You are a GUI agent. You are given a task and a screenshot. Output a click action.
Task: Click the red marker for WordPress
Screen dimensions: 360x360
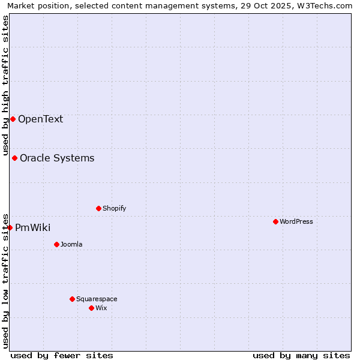(275, 221)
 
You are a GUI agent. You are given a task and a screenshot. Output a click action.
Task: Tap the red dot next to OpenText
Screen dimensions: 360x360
(13, 119)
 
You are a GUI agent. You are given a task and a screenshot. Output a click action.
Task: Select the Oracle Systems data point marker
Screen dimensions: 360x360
(14, 158)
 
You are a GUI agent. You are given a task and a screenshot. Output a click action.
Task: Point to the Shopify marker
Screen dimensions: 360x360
(98, 208)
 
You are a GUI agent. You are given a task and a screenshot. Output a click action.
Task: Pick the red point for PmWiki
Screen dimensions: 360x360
(10, 227)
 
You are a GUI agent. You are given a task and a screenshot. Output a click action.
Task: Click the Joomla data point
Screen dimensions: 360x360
(56, 244)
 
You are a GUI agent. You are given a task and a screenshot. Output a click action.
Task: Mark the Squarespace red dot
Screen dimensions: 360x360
(72, 299)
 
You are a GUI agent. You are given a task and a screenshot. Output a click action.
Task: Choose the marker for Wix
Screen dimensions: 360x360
(91, 308)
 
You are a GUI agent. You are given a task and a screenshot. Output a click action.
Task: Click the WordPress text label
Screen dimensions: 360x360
(296, 221)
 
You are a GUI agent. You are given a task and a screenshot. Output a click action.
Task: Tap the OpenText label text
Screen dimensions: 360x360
(40, 119)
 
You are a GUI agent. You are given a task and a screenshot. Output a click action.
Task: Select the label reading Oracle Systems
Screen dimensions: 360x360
(57, 158)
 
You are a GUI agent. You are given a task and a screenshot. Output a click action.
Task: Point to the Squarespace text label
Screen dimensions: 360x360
(97, 299)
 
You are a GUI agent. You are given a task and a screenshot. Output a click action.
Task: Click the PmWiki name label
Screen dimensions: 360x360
(32, 227)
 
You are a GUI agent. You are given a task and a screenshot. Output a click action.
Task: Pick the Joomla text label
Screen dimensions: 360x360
(71, 244)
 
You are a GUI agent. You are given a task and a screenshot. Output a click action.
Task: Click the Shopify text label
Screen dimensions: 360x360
(114, 208)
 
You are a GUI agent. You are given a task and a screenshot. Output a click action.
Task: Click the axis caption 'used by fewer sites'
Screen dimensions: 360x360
(62, 355)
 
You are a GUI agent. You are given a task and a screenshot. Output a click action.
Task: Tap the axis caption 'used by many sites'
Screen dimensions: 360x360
(301, 355)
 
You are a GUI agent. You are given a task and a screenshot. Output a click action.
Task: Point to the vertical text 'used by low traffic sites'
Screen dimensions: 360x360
(5, 280)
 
